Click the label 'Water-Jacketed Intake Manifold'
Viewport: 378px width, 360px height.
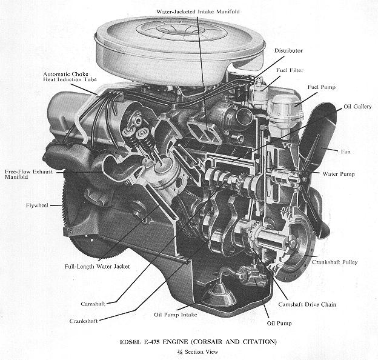click(198, 12)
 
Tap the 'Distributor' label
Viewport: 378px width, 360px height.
click(288, 51)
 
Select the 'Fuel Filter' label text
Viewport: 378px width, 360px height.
click(290, 70)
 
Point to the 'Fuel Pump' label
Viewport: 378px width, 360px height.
click(321, 87)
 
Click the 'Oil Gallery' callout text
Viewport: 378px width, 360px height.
click(357, 107)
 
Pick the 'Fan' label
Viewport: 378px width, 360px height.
click(345, 152)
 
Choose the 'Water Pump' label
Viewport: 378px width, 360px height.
click(339, 174)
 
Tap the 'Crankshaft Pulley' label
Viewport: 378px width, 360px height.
click(334, 262)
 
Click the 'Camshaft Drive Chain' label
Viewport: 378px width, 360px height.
click(307, 304)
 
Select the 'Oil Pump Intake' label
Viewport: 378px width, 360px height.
click(176, 315)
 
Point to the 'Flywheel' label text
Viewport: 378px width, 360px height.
click(37, 205)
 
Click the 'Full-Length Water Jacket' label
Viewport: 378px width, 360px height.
click(97, 267)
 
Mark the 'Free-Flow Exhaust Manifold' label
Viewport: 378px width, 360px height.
click(28, 175)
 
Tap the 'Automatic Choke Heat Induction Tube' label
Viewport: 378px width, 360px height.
click(70, 77)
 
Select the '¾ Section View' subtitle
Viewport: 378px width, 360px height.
click(197, 352)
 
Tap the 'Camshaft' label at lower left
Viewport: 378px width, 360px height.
click(93, 304)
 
